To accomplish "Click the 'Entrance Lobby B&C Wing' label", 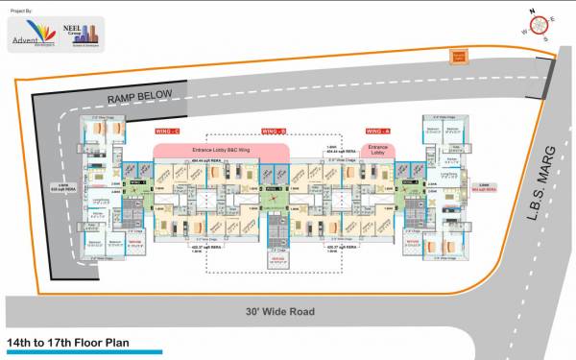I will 221,151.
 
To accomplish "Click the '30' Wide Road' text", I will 279,312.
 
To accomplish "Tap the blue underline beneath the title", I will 82,352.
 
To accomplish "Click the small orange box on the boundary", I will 459,55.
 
